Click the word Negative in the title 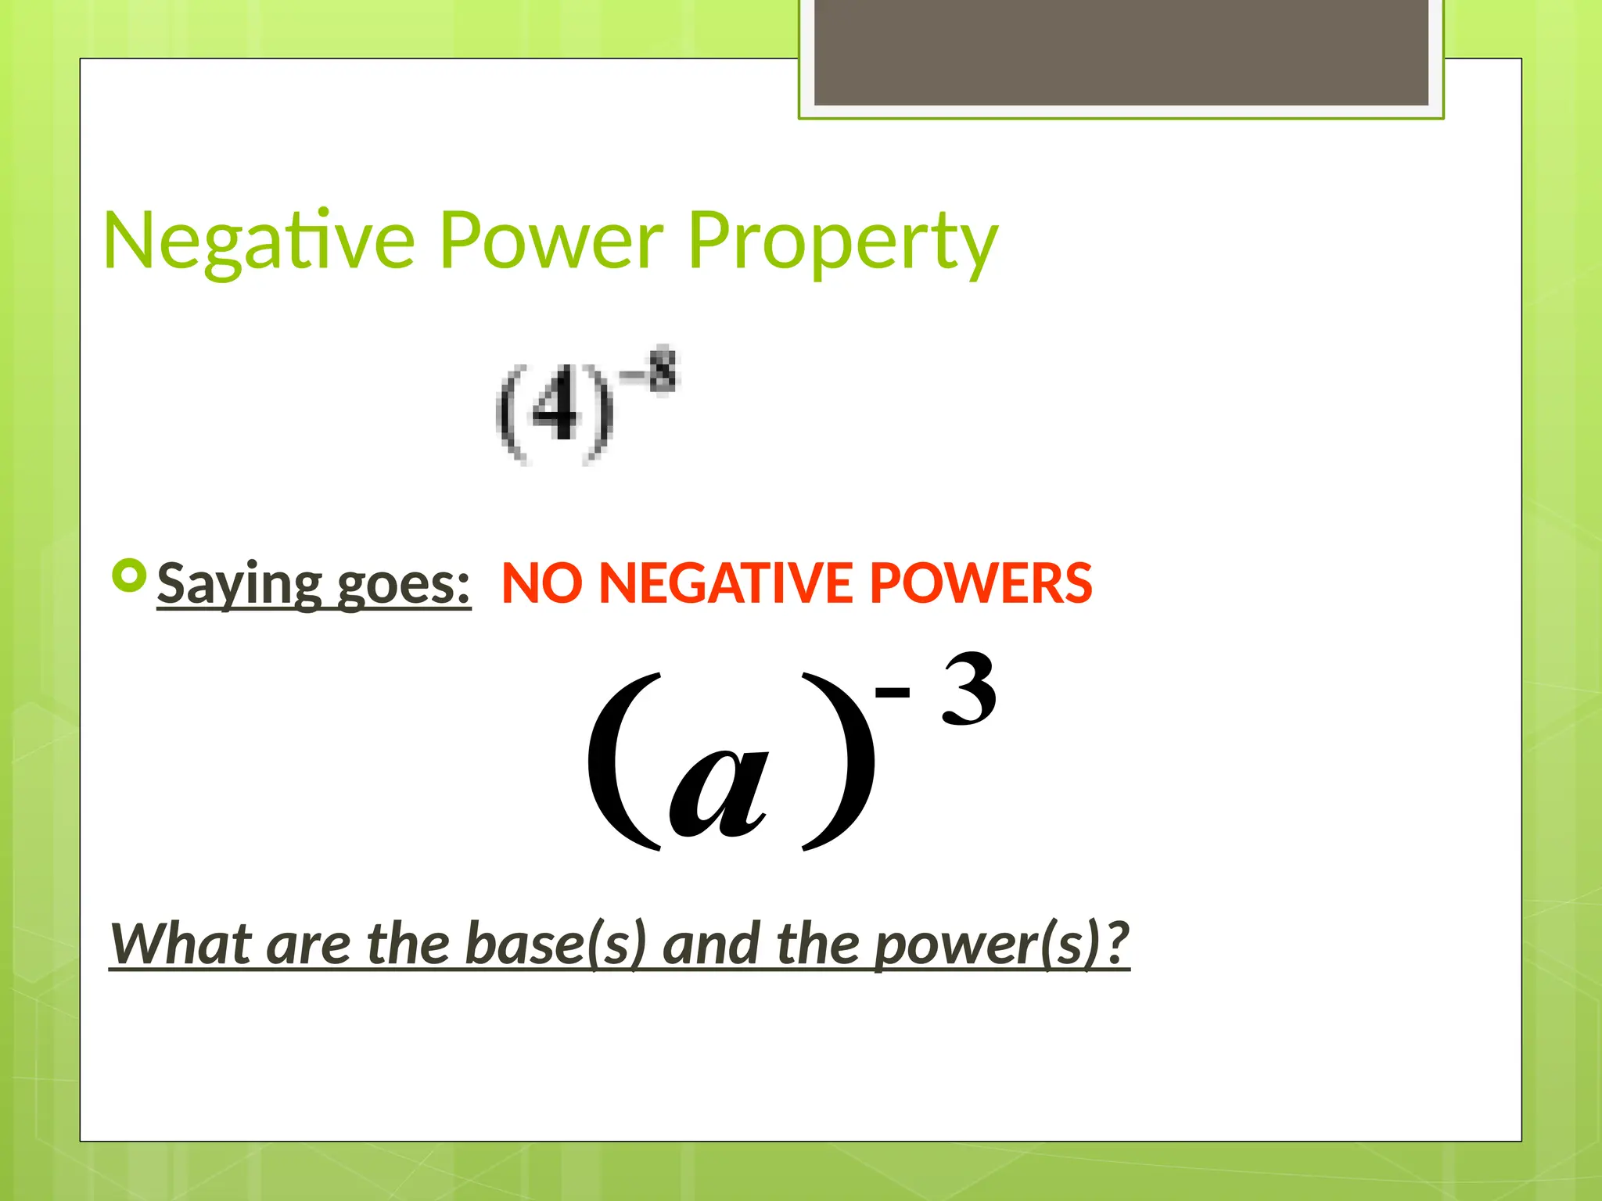point(259,242)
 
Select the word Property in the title point(842,242)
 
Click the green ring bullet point point(129,576)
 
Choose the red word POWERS point(981,583)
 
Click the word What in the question point(181,944)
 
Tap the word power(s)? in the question point(1002,944)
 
